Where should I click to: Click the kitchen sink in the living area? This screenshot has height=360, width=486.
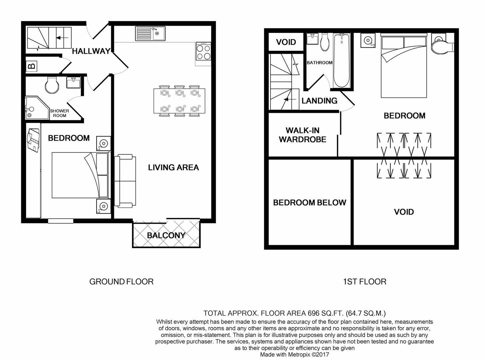150,34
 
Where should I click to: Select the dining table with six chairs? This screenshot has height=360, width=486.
179,101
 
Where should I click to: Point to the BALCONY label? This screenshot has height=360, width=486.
166,235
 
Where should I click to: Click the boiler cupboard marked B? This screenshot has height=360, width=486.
32,66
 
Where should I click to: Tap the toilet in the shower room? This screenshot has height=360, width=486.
52,85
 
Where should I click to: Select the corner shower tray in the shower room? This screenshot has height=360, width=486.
37,108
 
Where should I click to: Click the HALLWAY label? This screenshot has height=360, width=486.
91,51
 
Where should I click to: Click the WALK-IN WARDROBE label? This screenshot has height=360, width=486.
302,135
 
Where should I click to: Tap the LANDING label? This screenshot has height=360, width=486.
319,101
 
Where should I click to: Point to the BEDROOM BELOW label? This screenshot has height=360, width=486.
309,203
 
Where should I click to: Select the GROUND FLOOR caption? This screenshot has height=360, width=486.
121,282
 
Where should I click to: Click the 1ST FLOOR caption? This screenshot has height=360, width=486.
365,282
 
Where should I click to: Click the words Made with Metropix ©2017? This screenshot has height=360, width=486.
294,355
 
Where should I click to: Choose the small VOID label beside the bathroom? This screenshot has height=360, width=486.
286,42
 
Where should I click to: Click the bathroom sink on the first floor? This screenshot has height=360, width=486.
312,39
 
